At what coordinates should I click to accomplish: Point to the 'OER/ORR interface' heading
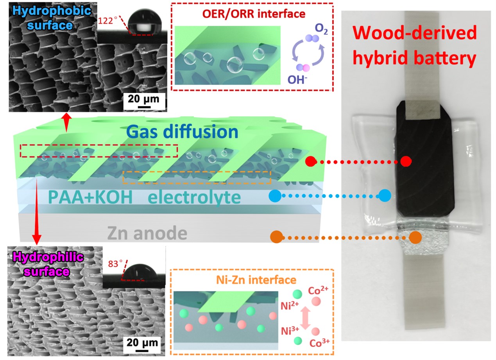pyautogui.click(x=252, y=13)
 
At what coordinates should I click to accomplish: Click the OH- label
pyautogui.click(x=297, y=80)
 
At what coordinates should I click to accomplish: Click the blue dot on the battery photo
pyautogui.click(x=385, y=195)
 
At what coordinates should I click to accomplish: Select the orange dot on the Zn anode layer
pyautogui.click(x=416, y=237)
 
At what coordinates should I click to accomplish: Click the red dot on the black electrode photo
pyautogui.click(x=406, y=161)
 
